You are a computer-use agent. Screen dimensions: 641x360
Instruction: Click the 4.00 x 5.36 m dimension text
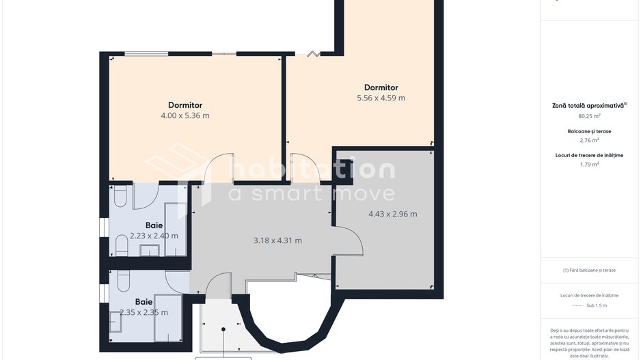tap(185, 115)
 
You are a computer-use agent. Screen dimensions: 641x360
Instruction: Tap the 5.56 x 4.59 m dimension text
tap(381, 98)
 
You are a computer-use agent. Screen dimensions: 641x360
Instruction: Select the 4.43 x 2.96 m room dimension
tap(393, 214)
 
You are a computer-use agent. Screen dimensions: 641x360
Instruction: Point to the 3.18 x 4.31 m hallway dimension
tap(277, 240)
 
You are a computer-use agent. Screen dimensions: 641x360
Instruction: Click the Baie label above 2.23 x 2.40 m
tap(154, 225)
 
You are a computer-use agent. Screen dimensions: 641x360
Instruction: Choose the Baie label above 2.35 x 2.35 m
tap(144, 302)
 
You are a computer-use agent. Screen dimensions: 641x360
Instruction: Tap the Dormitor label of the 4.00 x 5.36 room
tap(185, 105)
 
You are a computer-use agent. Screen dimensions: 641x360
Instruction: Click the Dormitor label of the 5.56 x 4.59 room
tap(381, 87)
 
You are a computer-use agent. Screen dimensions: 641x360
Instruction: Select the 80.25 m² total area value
tap(589, 116)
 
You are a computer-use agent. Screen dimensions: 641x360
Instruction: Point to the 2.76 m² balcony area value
tap(589, 140)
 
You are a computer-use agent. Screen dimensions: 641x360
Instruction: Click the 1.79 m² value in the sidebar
tap(589, 164)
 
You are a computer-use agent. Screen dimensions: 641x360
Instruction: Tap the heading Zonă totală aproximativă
tap(589, 105)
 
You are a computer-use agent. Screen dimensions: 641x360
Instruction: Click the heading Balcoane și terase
tap(589, 132)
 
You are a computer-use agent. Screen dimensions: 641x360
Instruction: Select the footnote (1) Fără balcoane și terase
tap(589, 270)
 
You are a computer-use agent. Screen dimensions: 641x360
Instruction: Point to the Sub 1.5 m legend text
tap(597, 305)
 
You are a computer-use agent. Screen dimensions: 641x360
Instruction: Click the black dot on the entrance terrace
tap(223, 329)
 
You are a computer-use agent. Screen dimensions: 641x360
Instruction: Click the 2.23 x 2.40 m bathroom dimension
tap(154, 236)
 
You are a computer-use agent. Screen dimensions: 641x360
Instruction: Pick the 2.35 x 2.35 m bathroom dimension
tap(144, 313)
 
